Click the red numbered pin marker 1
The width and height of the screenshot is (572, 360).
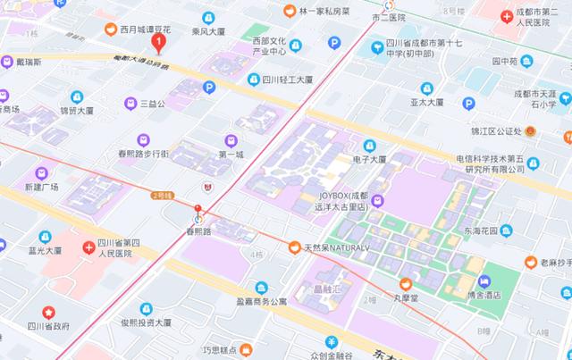pos(159,41)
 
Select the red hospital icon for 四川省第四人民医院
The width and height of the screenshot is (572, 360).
pos(88,247)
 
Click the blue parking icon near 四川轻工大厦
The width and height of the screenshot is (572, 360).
pos(209,87)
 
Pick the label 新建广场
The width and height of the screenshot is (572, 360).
pos(41,188)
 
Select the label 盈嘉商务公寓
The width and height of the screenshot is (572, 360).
pos(262,301)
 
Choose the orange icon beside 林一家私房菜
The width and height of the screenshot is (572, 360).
pos(289,11)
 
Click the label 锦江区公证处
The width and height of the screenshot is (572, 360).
pos(496,131)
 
